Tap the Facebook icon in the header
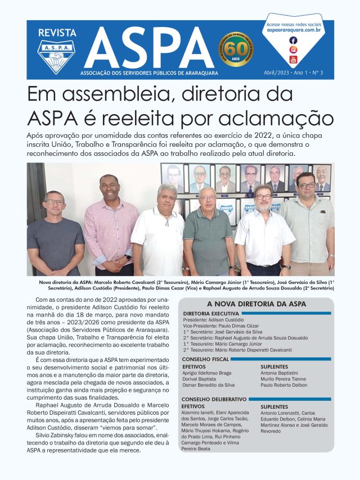[293, 40]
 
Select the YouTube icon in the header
[293, 60]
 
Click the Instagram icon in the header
[293, 50]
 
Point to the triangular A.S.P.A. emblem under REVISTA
[57, 56]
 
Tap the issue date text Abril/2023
[276, 73]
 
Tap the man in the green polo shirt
[208, 230]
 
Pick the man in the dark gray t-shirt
[55, 236]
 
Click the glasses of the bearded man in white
[263, 196]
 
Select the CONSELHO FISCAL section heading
[206, 359]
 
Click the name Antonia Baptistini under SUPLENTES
[279, 373]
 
